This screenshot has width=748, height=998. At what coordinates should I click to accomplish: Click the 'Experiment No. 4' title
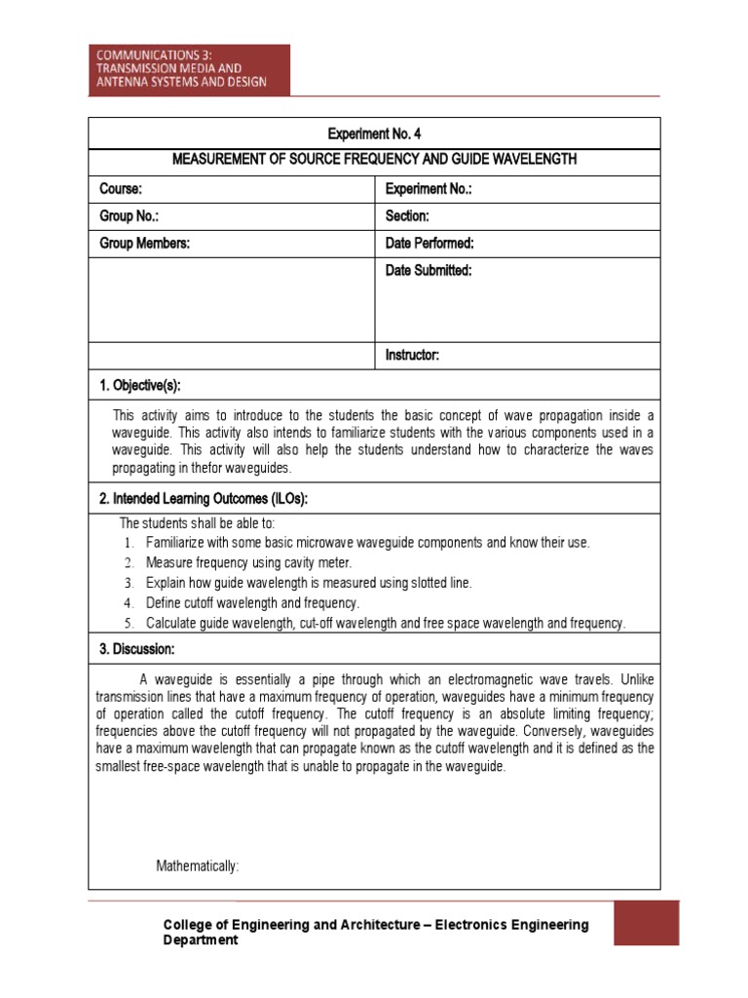[x=374, y=134]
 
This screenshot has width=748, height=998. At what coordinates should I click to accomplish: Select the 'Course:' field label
[x=122, y=188]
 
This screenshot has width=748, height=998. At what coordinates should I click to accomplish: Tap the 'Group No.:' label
[x=129, y=215]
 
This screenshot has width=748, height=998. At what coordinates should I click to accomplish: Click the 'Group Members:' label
[x=145, y=243]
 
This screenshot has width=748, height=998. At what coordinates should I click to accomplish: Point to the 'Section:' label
[x=407, y=215]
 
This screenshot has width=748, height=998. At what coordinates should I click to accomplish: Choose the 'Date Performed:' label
[x=430, y=243]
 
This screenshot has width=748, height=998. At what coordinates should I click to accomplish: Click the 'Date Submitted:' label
[x=429, y=270]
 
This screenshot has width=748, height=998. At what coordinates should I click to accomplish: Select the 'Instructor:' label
[x=412, y=356]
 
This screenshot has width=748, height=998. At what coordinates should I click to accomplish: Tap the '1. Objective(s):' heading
[x=140, y=385]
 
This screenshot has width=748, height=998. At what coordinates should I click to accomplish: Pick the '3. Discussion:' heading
[x=137, y=649]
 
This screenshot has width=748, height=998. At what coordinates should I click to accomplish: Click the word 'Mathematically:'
[x=198, y=865]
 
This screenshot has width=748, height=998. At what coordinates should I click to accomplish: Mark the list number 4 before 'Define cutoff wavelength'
[x=128, y=603]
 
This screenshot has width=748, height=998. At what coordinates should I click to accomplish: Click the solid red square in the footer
[x=647, y=923]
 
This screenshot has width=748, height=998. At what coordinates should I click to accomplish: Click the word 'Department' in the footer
[x=200, y=940]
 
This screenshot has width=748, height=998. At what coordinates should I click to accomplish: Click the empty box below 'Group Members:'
[x=231, y=299]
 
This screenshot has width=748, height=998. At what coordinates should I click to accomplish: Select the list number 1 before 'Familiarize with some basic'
[x=128, y=542]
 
